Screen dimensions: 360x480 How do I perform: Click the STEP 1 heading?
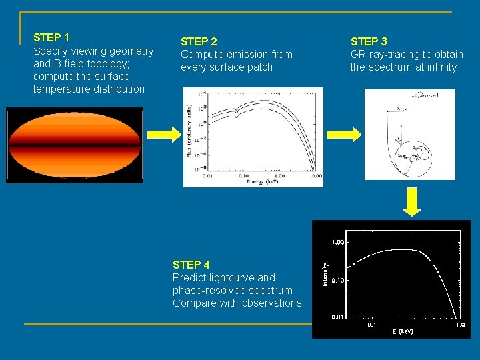51,37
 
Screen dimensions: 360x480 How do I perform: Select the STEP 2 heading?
199,41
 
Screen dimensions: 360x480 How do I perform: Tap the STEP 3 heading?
369,41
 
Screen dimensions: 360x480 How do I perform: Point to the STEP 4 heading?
191,265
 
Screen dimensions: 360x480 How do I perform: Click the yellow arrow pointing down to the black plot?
413,202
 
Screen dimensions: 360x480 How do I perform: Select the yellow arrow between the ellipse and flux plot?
163,134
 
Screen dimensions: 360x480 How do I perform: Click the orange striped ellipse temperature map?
75,145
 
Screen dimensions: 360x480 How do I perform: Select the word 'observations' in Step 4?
272,303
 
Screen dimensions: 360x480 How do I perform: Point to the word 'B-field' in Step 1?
71,64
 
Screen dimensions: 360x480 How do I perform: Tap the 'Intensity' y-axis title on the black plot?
325,273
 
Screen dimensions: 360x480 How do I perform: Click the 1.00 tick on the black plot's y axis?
339,242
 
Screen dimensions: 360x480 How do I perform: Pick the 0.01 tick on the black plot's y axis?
339,317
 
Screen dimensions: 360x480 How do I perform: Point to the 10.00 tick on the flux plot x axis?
313,177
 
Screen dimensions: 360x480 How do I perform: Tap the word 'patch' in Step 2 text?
259,67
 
